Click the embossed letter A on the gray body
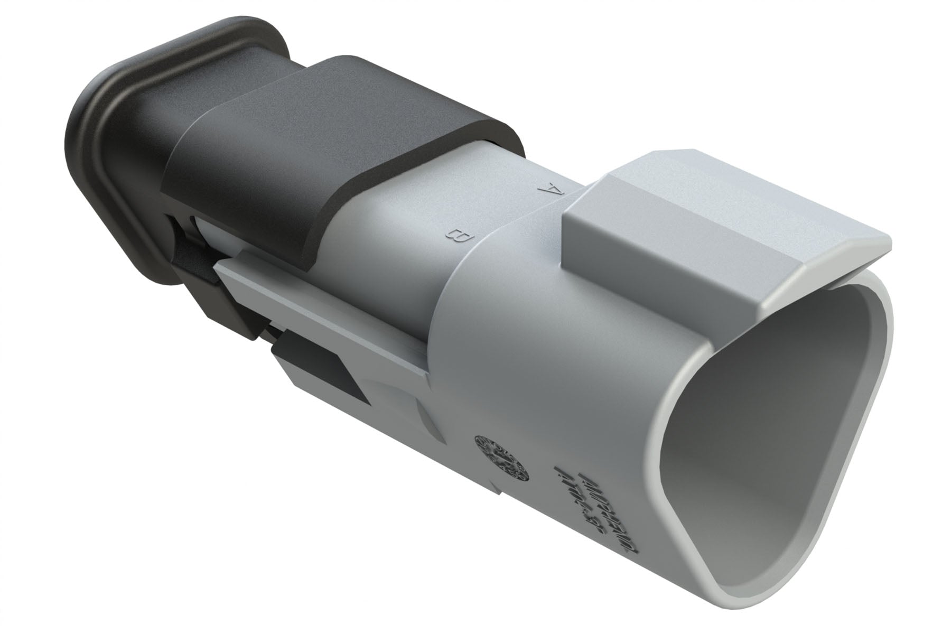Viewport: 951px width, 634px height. [549, 189]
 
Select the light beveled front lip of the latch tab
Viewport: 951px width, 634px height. [835, 275]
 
